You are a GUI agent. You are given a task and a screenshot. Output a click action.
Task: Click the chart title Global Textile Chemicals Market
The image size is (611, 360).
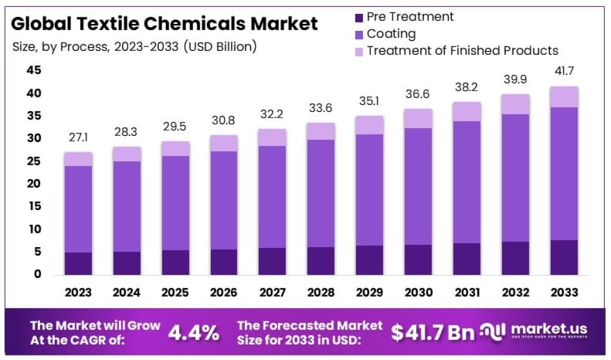click(x=165, y=23)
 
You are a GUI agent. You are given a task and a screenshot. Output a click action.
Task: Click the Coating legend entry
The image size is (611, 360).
click(x=391, y=33)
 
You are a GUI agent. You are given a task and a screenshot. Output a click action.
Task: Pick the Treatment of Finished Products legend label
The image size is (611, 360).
click(x=462, y=51)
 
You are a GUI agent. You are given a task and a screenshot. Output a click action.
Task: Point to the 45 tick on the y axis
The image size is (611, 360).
click(x=34, y=70)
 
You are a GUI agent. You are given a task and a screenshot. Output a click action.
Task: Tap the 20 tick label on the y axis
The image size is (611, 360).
click(x=34, y=184)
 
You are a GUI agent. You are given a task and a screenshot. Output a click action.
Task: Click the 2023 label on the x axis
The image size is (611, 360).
click(x=78, y=294)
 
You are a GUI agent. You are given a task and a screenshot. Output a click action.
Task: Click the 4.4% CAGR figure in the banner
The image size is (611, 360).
click(x=193, y=333)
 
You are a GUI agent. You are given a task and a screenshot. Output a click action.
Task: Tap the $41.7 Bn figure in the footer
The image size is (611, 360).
click(x=432, y=333)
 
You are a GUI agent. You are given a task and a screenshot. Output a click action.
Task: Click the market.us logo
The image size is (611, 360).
click(x=541, y=333)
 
